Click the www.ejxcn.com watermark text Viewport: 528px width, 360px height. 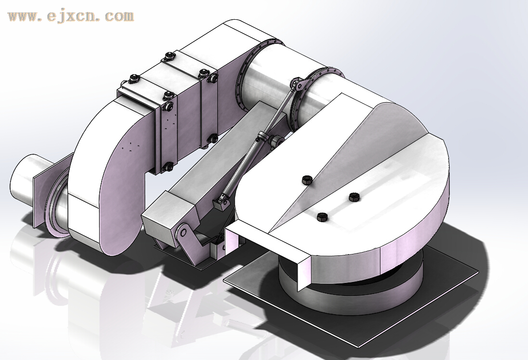[71, 16]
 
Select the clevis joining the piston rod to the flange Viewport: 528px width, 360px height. [297, 84]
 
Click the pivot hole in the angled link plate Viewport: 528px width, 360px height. [183, 232]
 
